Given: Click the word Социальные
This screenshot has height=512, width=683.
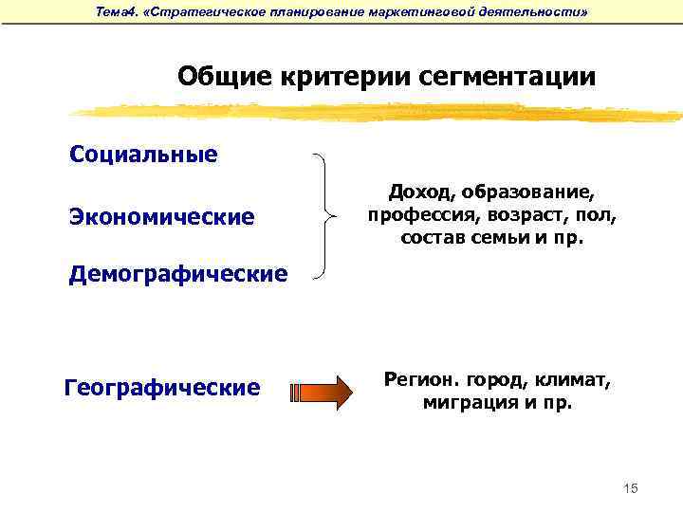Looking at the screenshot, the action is pos(143,155).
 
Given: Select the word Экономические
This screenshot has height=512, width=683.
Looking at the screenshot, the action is pos(161,217).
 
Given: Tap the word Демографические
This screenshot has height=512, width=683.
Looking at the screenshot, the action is pos(177,275).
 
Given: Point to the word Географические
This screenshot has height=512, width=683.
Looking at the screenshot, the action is pos(161,388).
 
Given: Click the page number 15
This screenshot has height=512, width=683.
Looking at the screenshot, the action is pos(632,487).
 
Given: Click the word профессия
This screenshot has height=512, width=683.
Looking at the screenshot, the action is pos(418,215).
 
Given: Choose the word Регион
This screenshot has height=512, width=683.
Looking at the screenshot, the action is pos(420,380).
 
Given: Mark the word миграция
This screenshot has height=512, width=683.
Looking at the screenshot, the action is pos(466,403).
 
